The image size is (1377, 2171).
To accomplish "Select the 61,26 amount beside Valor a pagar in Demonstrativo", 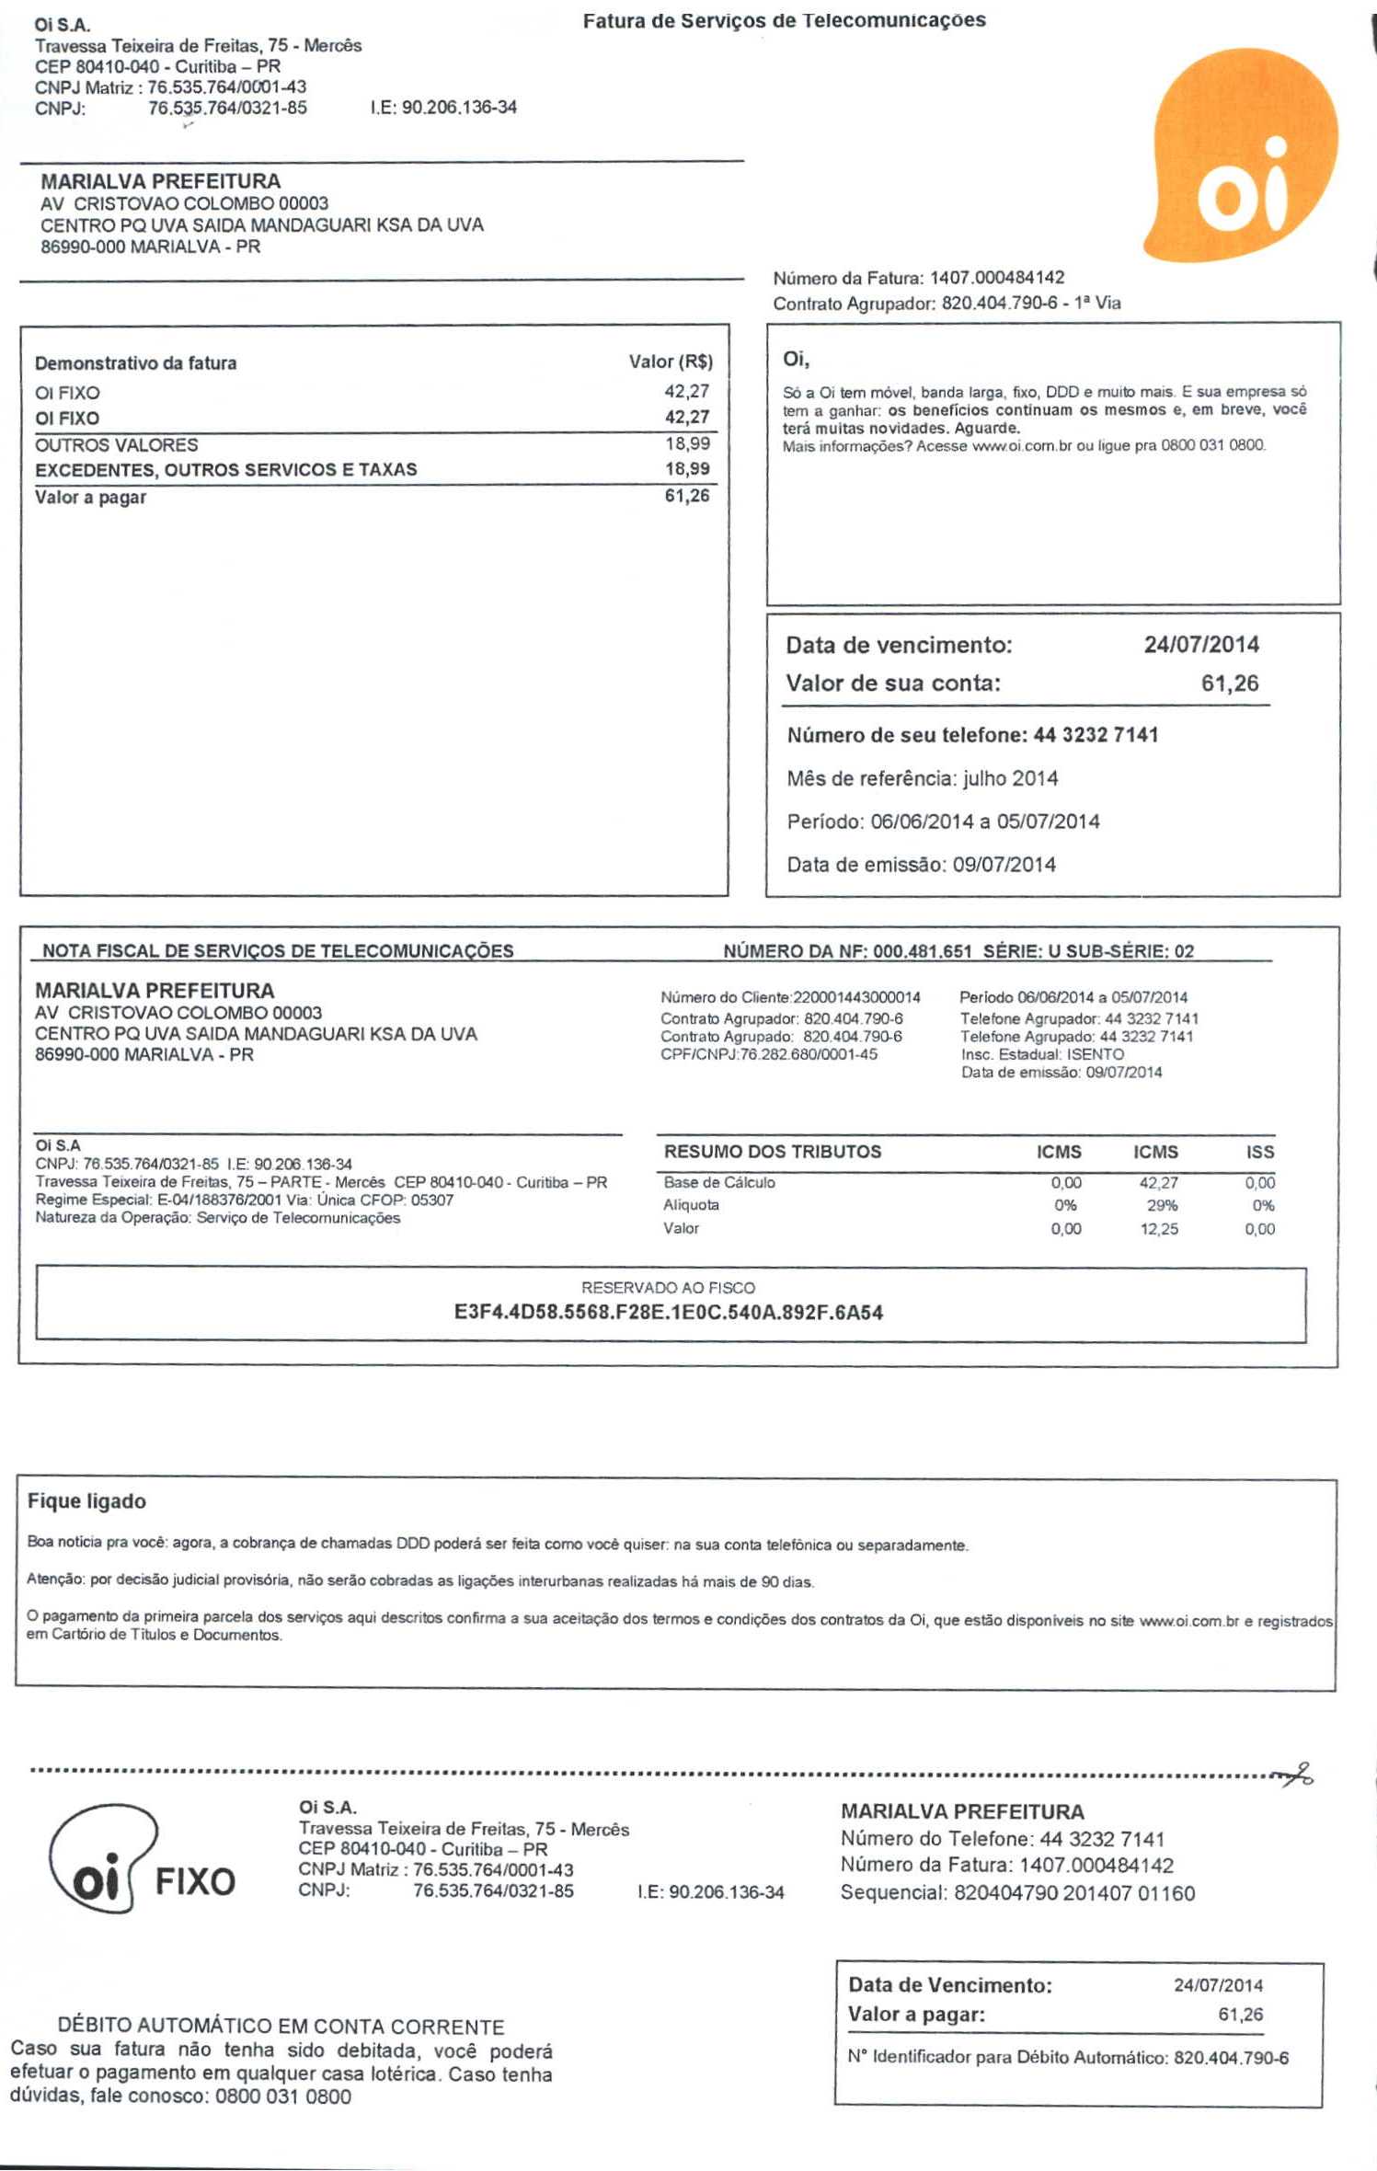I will point(687,496).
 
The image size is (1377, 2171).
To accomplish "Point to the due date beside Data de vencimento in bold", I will point(1200,644).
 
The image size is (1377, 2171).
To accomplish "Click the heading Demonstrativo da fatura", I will point(135,363).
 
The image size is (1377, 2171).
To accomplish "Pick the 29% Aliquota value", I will point(1162,1205).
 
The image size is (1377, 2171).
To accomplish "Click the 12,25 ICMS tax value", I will point(1159,1229).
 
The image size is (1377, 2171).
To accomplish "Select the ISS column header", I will point(1260,1152).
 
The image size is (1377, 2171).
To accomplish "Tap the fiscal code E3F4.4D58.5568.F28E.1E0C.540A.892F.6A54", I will point(669,1313).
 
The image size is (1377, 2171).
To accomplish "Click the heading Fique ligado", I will point(86,1501).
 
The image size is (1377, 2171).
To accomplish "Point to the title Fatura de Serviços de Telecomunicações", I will point(784,20).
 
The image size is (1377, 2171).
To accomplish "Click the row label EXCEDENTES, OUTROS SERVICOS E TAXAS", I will point(226,469).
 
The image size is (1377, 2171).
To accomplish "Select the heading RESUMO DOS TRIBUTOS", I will point(773,1152).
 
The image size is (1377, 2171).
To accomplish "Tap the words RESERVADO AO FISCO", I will point(669,1288).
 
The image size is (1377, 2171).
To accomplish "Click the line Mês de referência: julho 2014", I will point(923,778).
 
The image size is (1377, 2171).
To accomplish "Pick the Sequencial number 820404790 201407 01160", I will point(1073,1893).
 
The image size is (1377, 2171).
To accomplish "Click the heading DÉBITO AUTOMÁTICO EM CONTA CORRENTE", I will point(281,2027).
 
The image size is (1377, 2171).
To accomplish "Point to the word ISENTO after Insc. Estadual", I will point(1095,1054).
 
